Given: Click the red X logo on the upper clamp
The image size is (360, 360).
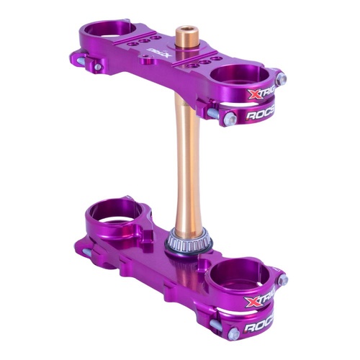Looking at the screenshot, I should (252, 94).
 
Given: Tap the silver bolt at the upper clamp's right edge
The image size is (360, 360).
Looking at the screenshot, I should (282, 78).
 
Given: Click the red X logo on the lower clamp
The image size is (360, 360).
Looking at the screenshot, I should (252, 303).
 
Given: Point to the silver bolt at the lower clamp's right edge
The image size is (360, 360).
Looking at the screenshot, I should (282, 279).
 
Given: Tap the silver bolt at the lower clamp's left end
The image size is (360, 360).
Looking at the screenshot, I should (86, 252).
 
